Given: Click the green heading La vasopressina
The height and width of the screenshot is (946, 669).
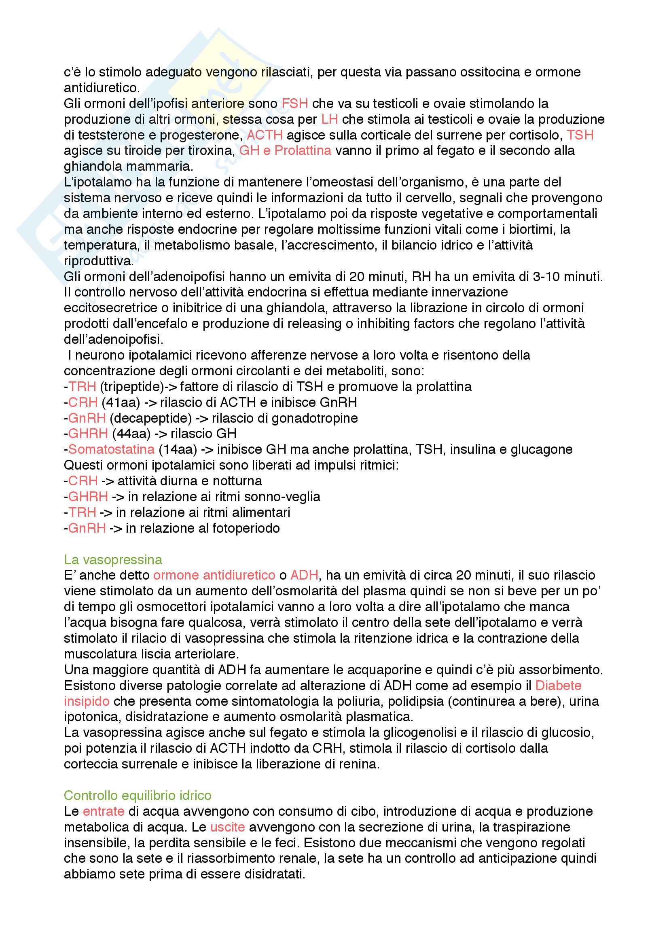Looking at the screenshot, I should (113, 559).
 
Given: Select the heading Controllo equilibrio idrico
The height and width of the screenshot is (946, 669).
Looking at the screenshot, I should (137, 796).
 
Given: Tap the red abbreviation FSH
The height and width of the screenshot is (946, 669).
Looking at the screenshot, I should (295, 104).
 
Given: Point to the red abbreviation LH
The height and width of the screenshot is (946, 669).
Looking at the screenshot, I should (330, 119).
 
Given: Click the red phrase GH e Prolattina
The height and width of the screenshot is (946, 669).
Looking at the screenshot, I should (285, 151).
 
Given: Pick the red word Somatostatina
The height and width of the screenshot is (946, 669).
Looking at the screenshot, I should (111, 449).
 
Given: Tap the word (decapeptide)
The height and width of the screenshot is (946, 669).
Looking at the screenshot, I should (151, 418).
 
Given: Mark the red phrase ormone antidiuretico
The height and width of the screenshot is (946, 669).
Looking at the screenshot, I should (214, 575).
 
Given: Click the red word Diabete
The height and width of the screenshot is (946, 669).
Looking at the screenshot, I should (558, 685).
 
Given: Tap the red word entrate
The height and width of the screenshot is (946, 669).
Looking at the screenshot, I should (104, 811).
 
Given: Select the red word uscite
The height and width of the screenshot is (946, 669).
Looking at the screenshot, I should (227, 827).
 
